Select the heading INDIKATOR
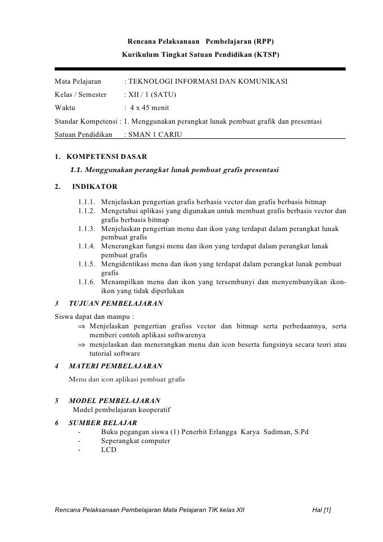tap(95, 186)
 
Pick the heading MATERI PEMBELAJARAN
tap(116, 366)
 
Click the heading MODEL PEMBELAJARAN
tap(115, 400)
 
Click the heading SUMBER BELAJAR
tap(103, 423)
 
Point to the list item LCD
tap(108, 450)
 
